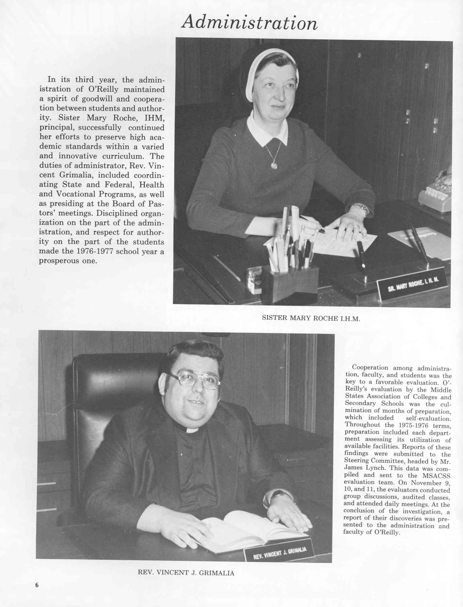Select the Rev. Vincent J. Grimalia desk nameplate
[x=279, y=553]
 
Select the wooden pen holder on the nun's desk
[x=290, y=284]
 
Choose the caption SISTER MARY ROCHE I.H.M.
[x=311, y=318]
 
